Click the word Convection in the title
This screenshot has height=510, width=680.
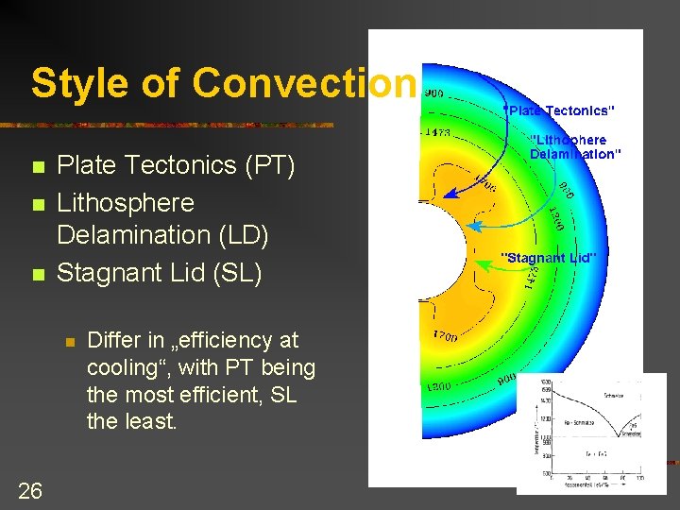(304, 83)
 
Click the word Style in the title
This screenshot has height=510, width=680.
(76, 83)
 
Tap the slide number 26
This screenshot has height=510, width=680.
(30, 489)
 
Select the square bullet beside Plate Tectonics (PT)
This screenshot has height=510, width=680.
(38, 167)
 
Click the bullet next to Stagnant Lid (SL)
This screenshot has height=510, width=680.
(38, 276)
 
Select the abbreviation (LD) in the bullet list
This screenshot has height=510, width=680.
(242, 234)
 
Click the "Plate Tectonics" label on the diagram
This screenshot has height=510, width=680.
(560, 110)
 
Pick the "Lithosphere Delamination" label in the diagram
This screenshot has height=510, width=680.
(575, 147)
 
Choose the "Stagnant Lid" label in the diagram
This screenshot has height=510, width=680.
(548, 257)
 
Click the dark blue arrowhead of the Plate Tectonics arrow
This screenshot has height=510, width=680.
(450, 195)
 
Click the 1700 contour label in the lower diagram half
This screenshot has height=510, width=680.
(445, 336)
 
